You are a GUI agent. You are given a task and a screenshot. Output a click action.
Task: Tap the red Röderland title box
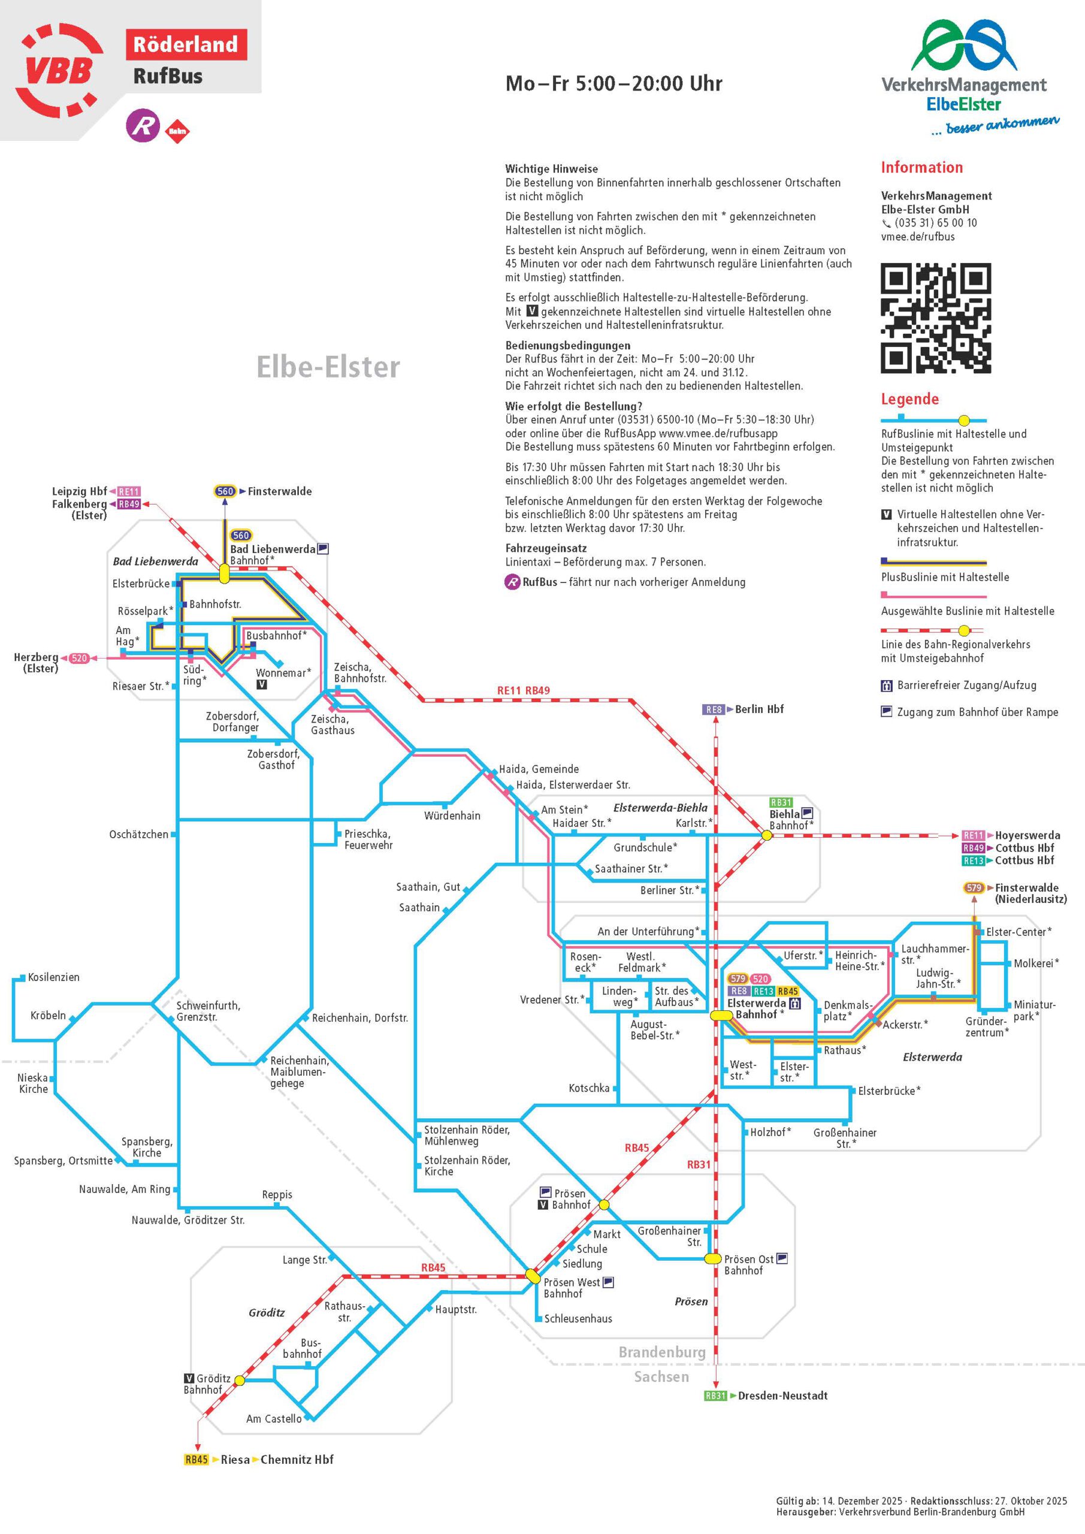coord(186,45)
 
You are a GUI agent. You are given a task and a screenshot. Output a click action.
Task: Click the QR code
coord(935,318)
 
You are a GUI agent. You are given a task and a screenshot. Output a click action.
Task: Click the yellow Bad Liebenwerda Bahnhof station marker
coord(225,573)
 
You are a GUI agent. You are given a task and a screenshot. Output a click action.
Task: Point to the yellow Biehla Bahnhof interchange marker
coord(766,835)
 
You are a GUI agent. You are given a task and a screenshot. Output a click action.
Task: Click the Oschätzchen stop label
coord(139,835)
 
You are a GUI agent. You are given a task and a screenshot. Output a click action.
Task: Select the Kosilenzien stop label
coord(53,977)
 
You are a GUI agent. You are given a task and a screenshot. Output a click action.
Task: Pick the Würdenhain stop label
coord(452,815)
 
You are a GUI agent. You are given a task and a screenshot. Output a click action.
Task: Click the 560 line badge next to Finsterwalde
coord(225,491)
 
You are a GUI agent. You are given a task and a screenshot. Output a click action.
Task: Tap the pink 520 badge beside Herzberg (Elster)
coord(79,658)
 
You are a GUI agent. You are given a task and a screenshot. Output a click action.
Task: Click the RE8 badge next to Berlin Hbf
coord(714,709)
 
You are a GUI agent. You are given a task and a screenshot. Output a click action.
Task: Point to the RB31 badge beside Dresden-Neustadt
coord(715,1396)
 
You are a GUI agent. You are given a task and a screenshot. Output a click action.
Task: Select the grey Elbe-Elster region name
coord(328,367)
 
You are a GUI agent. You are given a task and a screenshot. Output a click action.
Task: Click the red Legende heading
coord(909,399)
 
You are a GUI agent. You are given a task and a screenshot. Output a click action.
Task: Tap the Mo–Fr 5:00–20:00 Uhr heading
coord(613,83)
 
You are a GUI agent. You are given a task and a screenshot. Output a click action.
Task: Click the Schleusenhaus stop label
coord(578,1318)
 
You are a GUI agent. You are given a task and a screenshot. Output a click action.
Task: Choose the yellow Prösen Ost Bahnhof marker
coord(712,1259)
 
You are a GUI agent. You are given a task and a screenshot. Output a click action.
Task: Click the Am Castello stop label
coord(273,1418)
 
